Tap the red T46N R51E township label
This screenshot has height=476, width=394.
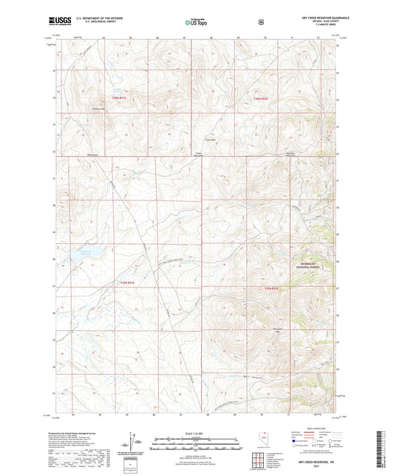(120, 97)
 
